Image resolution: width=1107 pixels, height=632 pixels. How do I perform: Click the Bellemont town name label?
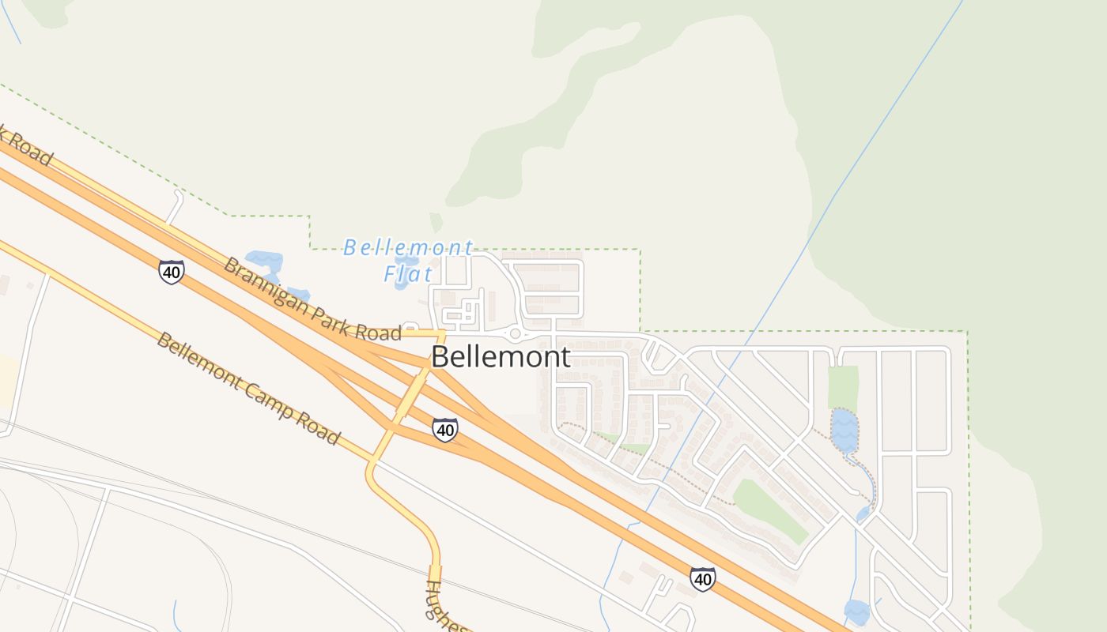pos(500,356)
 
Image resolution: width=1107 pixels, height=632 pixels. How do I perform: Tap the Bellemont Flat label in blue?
pos(408,260)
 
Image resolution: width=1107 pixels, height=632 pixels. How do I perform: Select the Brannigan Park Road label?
pos(312,299)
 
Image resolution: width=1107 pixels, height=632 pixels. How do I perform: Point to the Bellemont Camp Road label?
pos(248,388)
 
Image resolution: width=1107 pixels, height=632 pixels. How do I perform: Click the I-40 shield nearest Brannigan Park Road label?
pos(171,272)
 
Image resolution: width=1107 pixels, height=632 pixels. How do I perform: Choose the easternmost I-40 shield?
pos(702,578)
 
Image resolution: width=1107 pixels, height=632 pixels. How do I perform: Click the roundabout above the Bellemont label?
pos(515,333)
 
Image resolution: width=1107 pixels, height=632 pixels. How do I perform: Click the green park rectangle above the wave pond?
pos(844,386)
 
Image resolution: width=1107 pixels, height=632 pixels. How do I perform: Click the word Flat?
pos(408,274)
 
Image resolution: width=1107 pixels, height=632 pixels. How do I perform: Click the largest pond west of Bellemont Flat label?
pos(263,259)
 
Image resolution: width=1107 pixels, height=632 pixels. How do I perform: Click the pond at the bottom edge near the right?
pos(856,611)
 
